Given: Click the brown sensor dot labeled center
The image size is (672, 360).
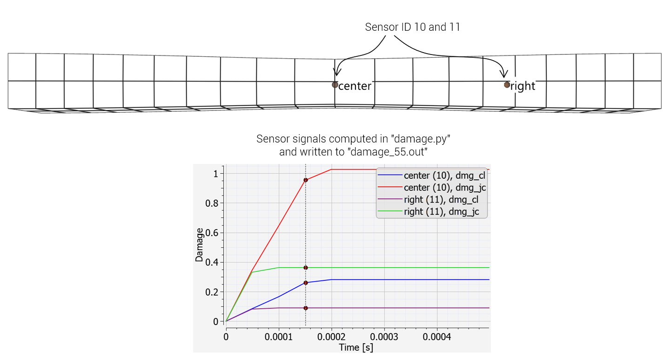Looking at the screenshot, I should coord(335,85).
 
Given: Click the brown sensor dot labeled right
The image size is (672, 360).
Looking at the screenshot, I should coord(507,85).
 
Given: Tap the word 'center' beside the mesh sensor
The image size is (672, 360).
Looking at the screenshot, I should coord(355,86).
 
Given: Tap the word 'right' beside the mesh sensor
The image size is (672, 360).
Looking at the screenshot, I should coord(523,86).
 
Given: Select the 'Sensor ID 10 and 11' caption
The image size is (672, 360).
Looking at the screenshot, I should coord(412,27).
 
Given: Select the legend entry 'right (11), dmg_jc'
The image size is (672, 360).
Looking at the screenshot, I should coord(441,212).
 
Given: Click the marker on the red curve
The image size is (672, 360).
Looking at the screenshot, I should coord(305,180).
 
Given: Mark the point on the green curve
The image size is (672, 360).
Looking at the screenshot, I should coord(305,268).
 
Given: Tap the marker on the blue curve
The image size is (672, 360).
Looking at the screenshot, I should coord(305,283).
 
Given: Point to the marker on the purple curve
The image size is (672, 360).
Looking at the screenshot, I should coord(305,308).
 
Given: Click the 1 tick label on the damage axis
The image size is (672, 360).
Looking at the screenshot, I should coord(216,174).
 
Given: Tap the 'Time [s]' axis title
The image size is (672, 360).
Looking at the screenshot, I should coord(356,347).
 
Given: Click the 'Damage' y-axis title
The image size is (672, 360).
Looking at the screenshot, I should coord(200,245).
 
